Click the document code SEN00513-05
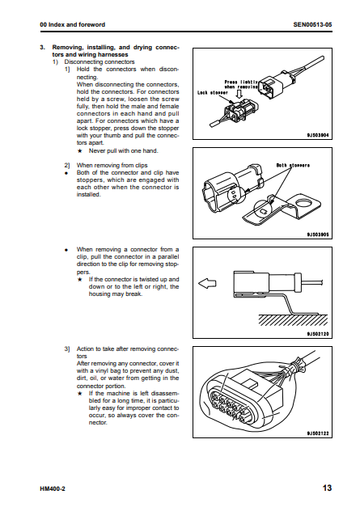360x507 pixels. click(x=312, y=24)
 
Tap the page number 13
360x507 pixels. click(x=327, y=488)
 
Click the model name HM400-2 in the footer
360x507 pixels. click(x=53, y=489)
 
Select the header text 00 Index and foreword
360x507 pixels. click(x=73, y=24)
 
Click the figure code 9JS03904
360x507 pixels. click(x=318, y=135)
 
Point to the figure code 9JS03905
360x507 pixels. click(x=318, y=234)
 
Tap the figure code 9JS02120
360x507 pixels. click(x=318, y=334)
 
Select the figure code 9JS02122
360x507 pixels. click(x=318, y=433)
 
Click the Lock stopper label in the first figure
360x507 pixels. click(x=213, y=93)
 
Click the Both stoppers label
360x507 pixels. click(x=293, y=165)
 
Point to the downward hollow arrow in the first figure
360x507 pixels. click(x=239, y=94)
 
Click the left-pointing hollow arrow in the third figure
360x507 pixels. click(x=207, y=284)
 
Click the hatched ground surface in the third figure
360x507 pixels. click(x=293, y=320)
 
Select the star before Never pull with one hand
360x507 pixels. click(x=80, y=151)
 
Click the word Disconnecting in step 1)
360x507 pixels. click(x=83, y=61)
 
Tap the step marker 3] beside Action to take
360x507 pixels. click(x=67, y=349)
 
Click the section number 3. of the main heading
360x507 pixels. click(x=42, y=48)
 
